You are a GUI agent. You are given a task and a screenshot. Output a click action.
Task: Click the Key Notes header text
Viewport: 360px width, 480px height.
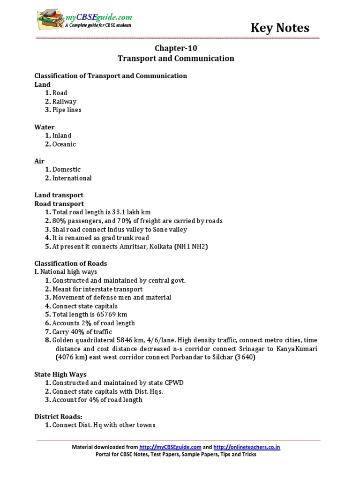[x=280, y=28]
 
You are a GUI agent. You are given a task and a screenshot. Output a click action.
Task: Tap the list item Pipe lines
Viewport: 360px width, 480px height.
[x=67, y=110]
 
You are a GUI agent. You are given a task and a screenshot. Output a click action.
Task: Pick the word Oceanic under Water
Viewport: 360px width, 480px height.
[x=64, y=144]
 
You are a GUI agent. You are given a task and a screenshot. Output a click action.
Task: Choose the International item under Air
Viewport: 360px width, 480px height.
[x=72, y=178]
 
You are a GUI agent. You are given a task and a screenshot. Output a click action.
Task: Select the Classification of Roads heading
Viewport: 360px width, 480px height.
[x=71, y=263]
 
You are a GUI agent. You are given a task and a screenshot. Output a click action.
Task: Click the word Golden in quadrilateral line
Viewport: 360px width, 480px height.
[x=63, y=340]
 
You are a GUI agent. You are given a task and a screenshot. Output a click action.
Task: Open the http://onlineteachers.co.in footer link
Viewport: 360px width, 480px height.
[x=247, y=447]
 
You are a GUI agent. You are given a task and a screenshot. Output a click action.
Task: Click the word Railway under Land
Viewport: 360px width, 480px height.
[x=64, y=102]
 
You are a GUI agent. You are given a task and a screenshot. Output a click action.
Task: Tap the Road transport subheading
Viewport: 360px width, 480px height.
[x=59, y=204]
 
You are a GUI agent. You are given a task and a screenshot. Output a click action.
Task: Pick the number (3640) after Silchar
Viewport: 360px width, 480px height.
[x=245, y=357]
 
